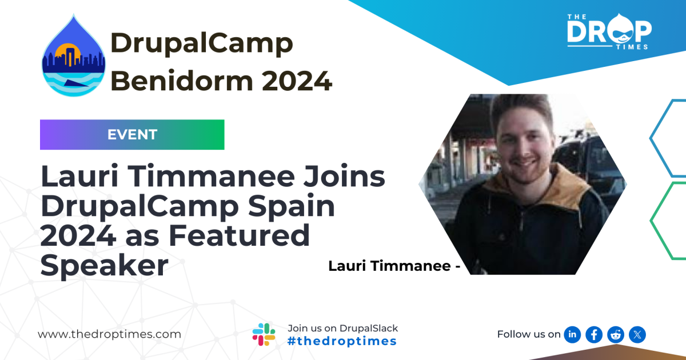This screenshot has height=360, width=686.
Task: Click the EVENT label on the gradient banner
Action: (x=132, y=135)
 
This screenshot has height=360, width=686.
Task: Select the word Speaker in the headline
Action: (x=105, y=266)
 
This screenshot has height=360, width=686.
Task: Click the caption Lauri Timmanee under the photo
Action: (x=389, y=266)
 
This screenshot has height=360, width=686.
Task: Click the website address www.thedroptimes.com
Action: (x=109, y=334)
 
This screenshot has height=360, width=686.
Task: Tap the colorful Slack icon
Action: (x=264, y=334)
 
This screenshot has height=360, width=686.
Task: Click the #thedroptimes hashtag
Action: (x=342, y=341)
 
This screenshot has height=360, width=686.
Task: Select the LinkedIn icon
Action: (x=572, y=334)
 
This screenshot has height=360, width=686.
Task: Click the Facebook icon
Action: (x=594, y=334)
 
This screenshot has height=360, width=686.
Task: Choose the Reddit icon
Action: (x=616, y=334)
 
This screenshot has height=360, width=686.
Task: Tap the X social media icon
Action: (x=637, y=334)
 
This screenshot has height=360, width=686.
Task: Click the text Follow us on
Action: (x=528, y=334)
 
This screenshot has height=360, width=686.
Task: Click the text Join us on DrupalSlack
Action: (x=342, y=328)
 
